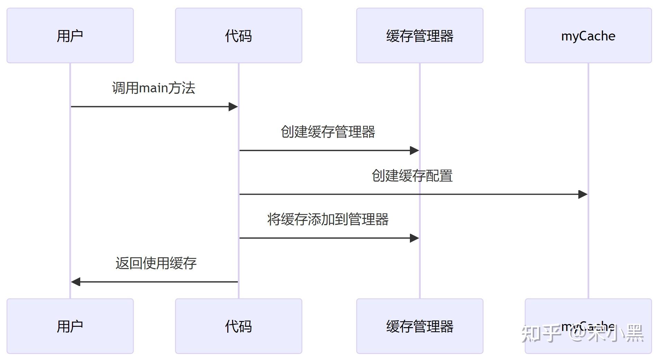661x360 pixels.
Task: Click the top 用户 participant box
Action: click(70, 36)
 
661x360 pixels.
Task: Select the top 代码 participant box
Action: click(238, 36)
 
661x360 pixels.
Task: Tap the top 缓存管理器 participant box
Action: click(420, 36)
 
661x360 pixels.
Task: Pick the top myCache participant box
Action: click(588, 36)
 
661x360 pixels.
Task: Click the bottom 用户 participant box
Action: click(70, 326)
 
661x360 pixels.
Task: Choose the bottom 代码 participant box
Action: click(238, 326)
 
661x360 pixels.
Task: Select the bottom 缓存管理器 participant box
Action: click(420, 326)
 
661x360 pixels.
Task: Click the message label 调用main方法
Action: click(154, 88)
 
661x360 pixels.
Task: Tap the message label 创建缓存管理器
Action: click(328, 132)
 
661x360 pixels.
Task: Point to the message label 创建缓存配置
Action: click(412, 176)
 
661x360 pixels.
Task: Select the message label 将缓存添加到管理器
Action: click(328, 219)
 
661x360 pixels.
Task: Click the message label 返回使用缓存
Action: click(156, 263)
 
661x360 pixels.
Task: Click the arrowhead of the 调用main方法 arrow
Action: click(233, 107)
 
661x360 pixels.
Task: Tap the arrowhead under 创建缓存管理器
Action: click(414, 150)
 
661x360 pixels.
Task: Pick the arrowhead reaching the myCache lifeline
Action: click(583, 194)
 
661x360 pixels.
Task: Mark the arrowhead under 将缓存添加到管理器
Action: click(414, 238)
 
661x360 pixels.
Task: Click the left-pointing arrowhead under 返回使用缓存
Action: click(76, 282)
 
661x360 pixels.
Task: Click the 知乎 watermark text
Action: click(541, 334)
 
